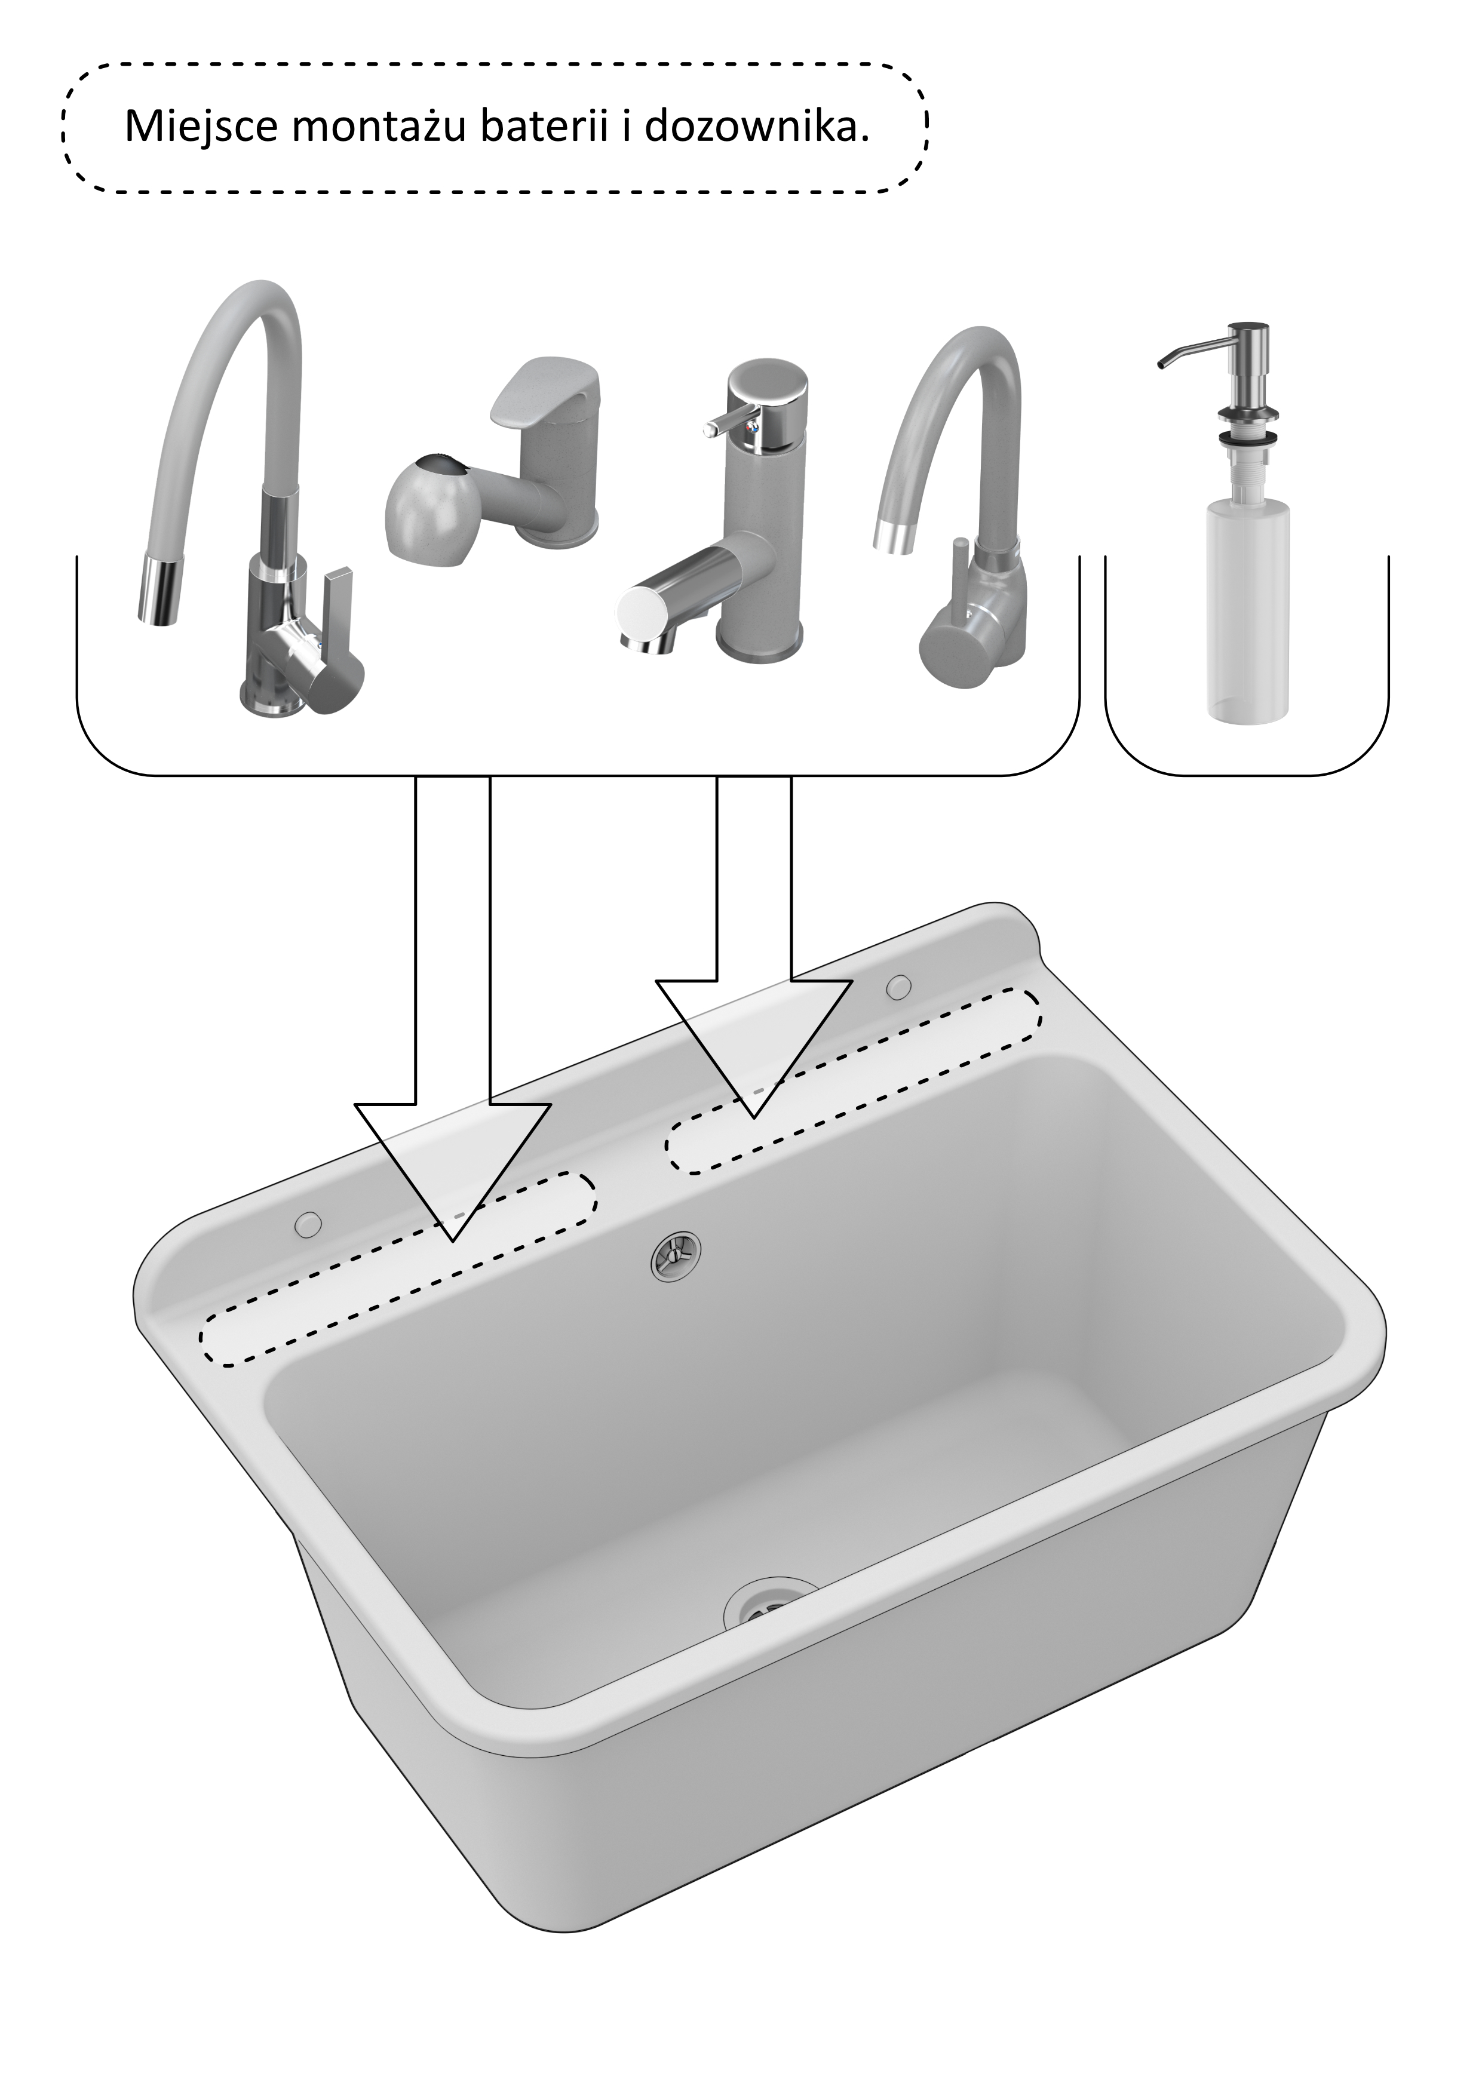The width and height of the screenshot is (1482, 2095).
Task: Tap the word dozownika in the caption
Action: (x=756, y=126)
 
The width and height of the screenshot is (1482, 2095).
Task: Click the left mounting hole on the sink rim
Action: (x=308, y=1224)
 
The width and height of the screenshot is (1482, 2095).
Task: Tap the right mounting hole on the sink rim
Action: (x=899, y=985)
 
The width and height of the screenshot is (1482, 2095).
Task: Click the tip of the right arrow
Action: (x=754, y=1117)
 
